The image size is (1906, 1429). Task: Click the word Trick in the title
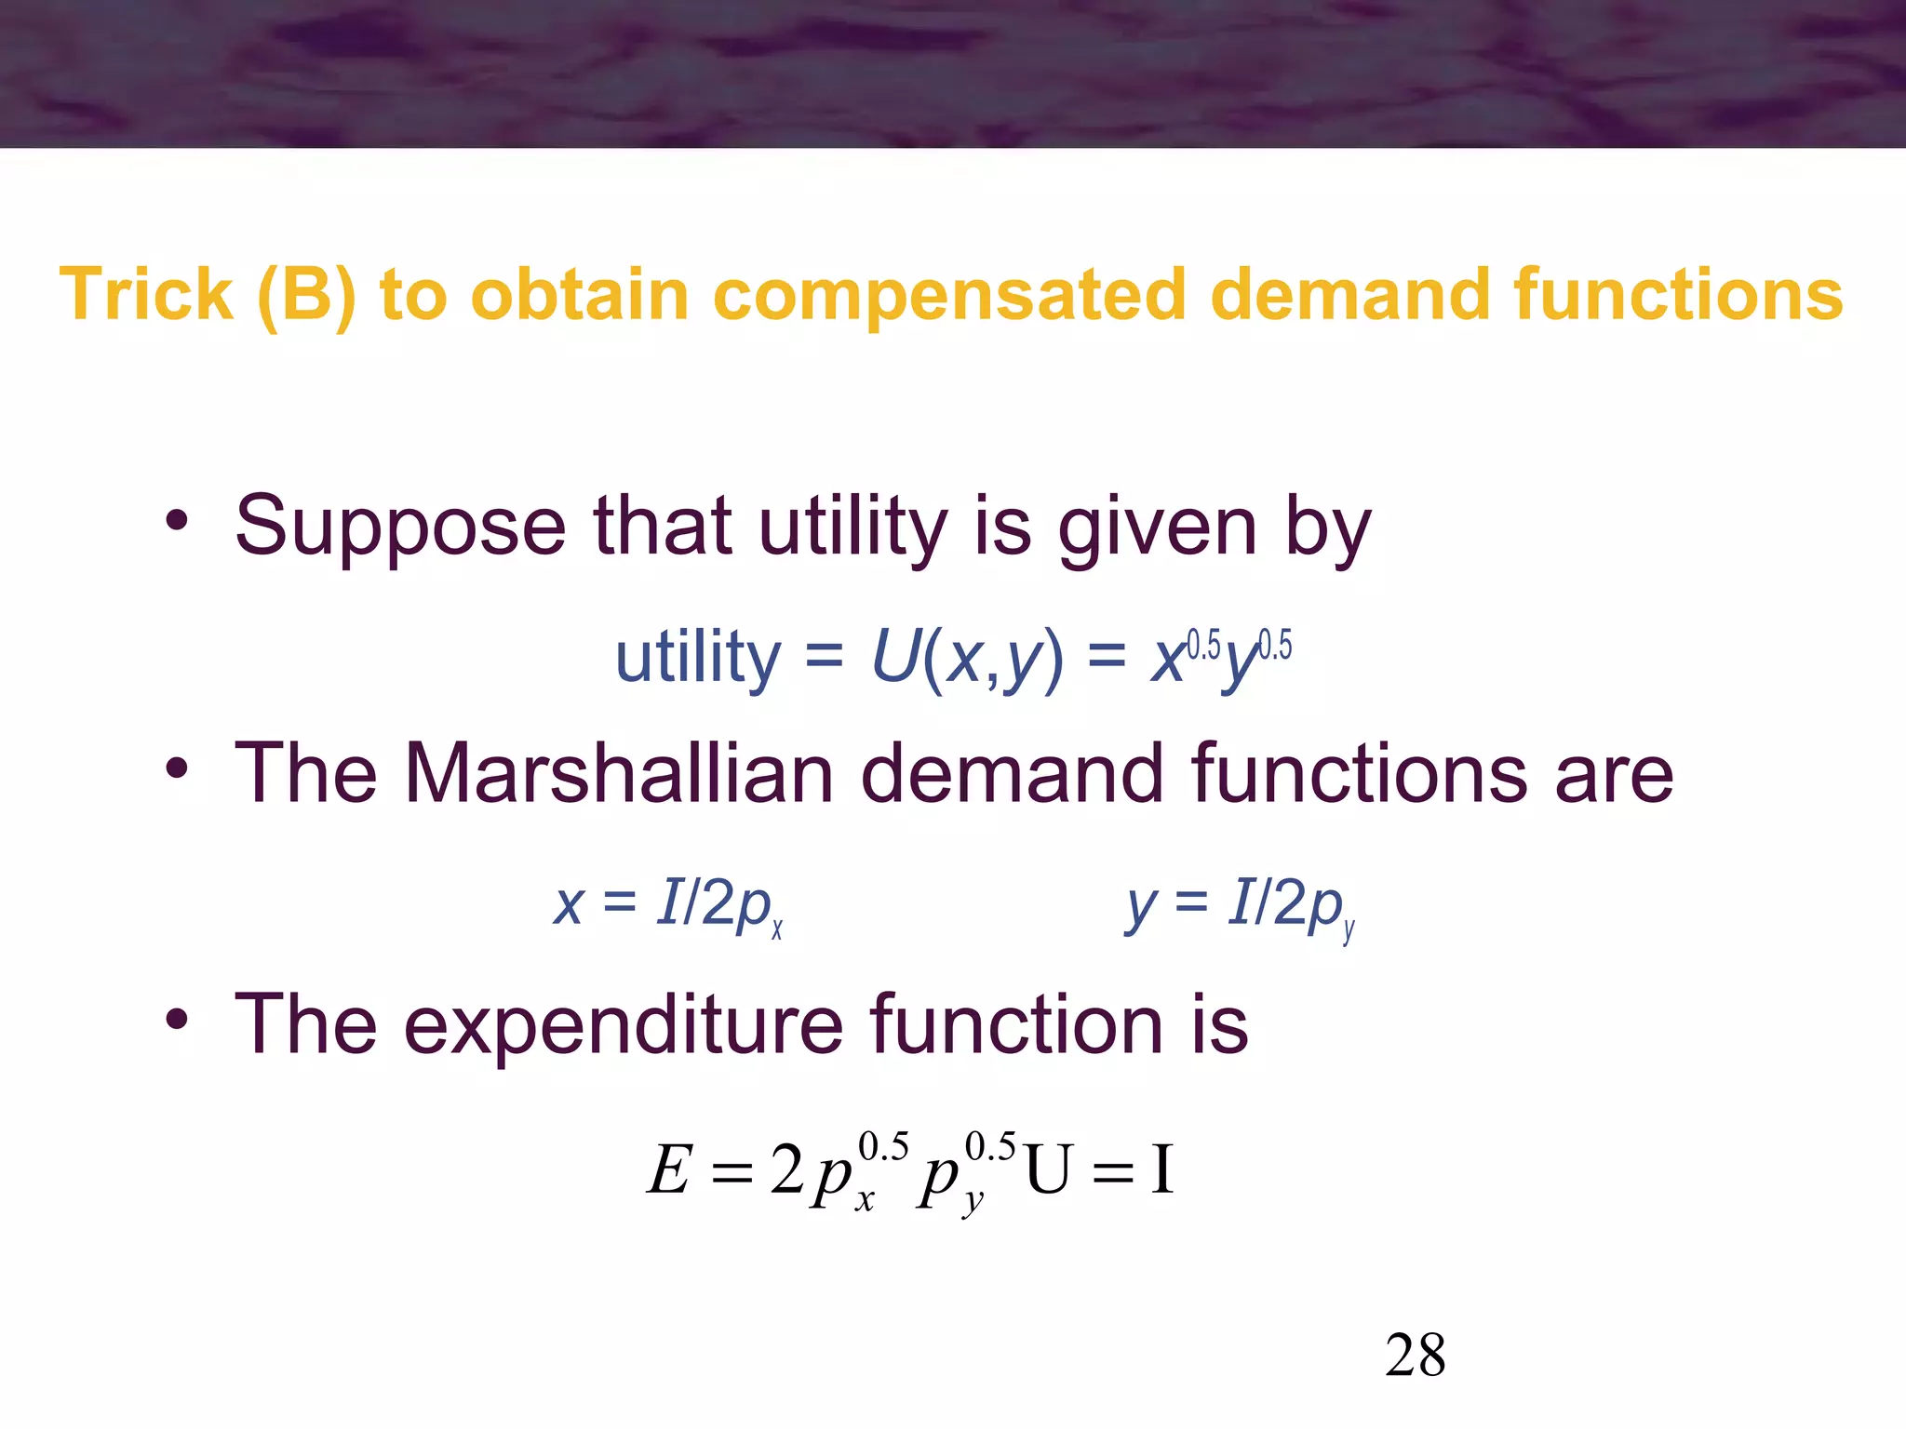click(146, 295)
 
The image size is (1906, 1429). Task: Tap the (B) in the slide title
click(306, 297)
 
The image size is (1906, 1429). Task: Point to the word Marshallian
click(619, 774)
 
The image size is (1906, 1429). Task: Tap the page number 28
click(1415, 1356)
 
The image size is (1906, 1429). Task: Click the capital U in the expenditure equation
click(1048, 1171)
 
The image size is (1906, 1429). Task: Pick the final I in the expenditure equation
click(1161, 1169)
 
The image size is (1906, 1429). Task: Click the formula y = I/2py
click(1241, 905)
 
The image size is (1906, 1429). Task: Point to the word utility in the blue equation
click(698, 657)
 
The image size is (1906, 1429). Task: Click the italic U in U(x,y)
click(895, 657)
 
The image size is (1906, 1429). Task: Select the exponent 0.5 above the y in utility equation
click(1275, 645)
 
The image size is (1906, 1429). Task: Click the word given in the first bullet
click(1158, 528)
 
